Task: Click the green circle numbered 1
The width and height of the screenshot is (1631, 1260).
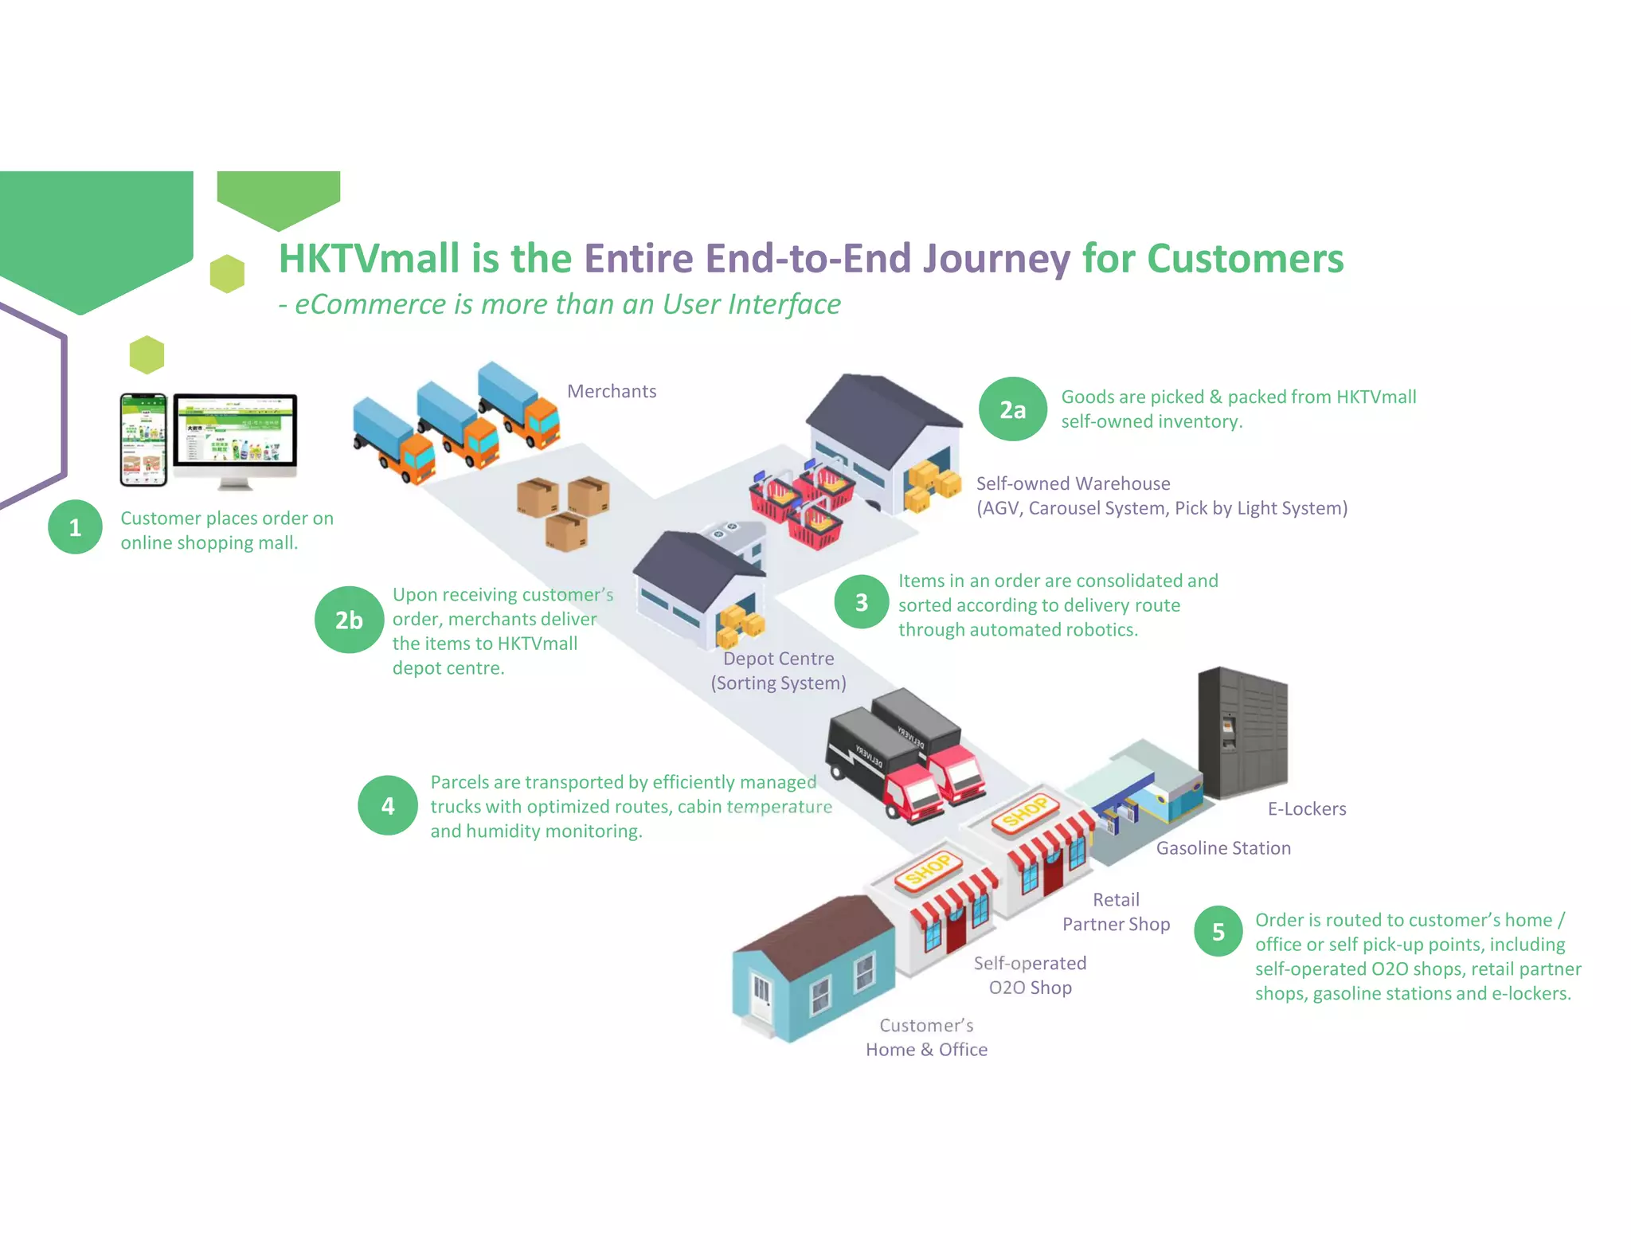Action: (75, 527)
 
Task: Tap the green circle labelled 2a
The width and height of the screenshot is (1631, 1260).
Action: (1012, 409)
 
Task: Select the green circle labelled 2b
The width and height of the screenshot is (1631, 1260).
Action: (348, 620)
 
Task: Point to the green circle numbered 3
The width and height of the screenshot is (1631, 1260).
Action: (861, 602)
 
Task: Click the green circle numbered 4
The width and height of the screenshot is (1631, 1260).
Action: (387, 805)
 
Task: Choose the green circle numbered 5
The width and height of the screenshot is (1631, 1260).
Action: (1218, 931)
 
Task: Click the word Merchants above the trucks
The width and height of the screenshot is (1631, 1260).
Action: (611, 391)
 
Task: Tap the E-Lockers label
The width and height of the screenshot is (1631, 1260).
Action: (1306, 808)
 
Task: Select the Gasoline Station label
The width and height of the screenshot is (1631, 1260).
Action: (1222, 848)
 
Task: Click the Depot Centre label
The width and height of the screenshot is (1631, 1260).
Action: (778, 659)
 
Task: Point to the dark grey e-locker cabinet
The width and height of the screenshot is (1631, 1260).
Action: (1242, 734)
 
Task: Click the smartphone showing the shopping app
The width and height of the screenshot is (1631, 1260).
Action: (143, 439)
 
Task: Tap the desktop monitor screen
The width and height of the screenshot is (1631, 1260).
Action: (235, 431)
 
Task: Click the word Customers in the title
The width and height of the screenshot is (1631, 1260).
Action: (1245, 259)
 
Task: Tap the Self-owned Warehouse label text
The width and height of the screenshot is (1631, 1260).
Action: (1073, 483)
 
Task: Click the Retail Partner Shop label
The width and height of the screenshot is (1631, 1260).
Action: (1116, 912)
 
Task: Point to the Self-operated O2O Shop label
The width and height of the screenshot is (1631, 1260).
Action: (1029, 975)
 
